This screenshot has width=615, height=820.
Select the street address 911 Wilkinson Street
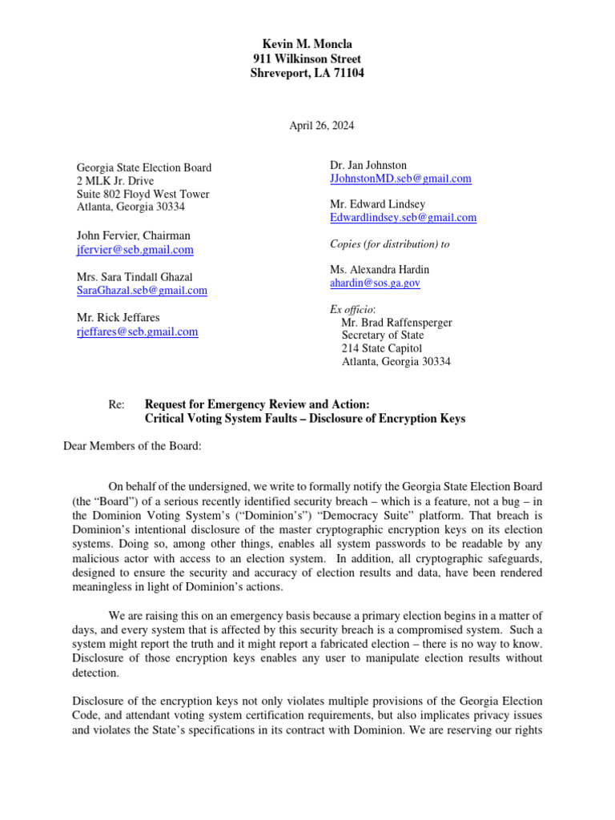pyautogui.click(x=307, y=58)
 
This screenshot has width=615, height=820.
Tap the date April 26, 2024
pyautogui.click(x=321, y=126)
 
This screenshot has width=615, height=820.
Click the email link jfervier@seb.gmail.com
pyautogui.click(x=135, y=250)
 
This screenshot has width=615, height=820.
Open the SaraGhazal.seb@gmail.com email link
pyautogui.click(x=142, y=291)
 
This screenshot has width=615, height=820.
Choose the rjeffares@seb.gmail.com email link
pyautogui.click(x=137, y=332)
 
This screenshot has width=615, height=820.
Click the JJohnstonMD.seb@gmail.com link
pyautogui.click(x=400, y=179)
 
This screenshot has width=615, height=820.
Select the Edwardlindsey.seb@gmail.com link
pyautogui.click(x=403, y=217)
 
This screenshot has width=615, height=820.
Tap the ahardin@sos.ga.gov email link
pyautogui.click(x=375, y=283)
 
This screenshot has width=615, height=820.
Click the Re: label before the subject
pyautogui.click(x=116, y=404)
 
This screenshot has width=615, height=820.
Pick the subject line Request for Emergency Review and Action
pyautogui.click(x=257, y=404)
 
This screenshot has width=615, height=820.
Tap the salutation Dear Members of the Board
pyautogui.click(x=132, y=446)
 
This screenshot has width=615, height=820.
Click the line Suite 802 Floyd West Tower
pyautogui.click(x=143, y=194)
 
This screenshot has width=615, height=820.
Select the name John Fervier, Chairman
pyautogui.click(x=133, y=236)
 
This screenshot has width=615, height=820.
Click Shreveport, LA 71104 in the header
pyautogui.click(x=307, y=74)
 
